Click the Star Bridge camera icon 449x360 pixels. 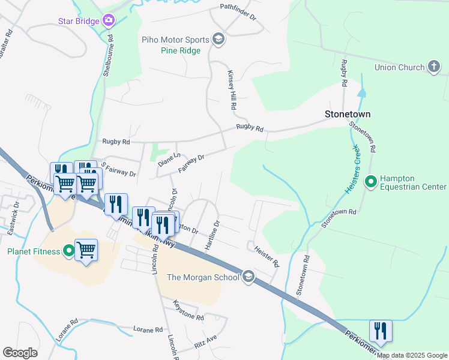coord(109,21)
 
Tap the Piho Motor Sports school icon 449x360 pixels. coord(218,40)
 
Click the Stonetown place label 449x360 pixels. coord(348,113)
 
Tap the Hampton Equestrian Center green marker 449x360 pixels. coord(371,181)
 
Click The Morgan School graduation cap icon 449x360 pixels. coord(249,277)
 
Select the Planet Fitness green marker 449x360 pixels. coord(69,251)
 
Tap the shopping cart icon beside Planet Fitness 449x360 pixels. coord(86,249)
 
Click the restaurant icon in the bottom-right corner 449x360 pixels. coord(381,331)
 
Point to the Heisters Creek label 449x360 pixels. coord(354,169)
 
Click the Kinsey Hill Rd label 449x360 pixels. coord(231,90)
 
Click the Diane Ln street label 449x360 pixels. coord(169,160)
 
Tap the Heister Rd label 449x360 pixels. coord(267,256)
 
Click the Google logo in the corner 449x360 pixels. coord(20,353)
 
